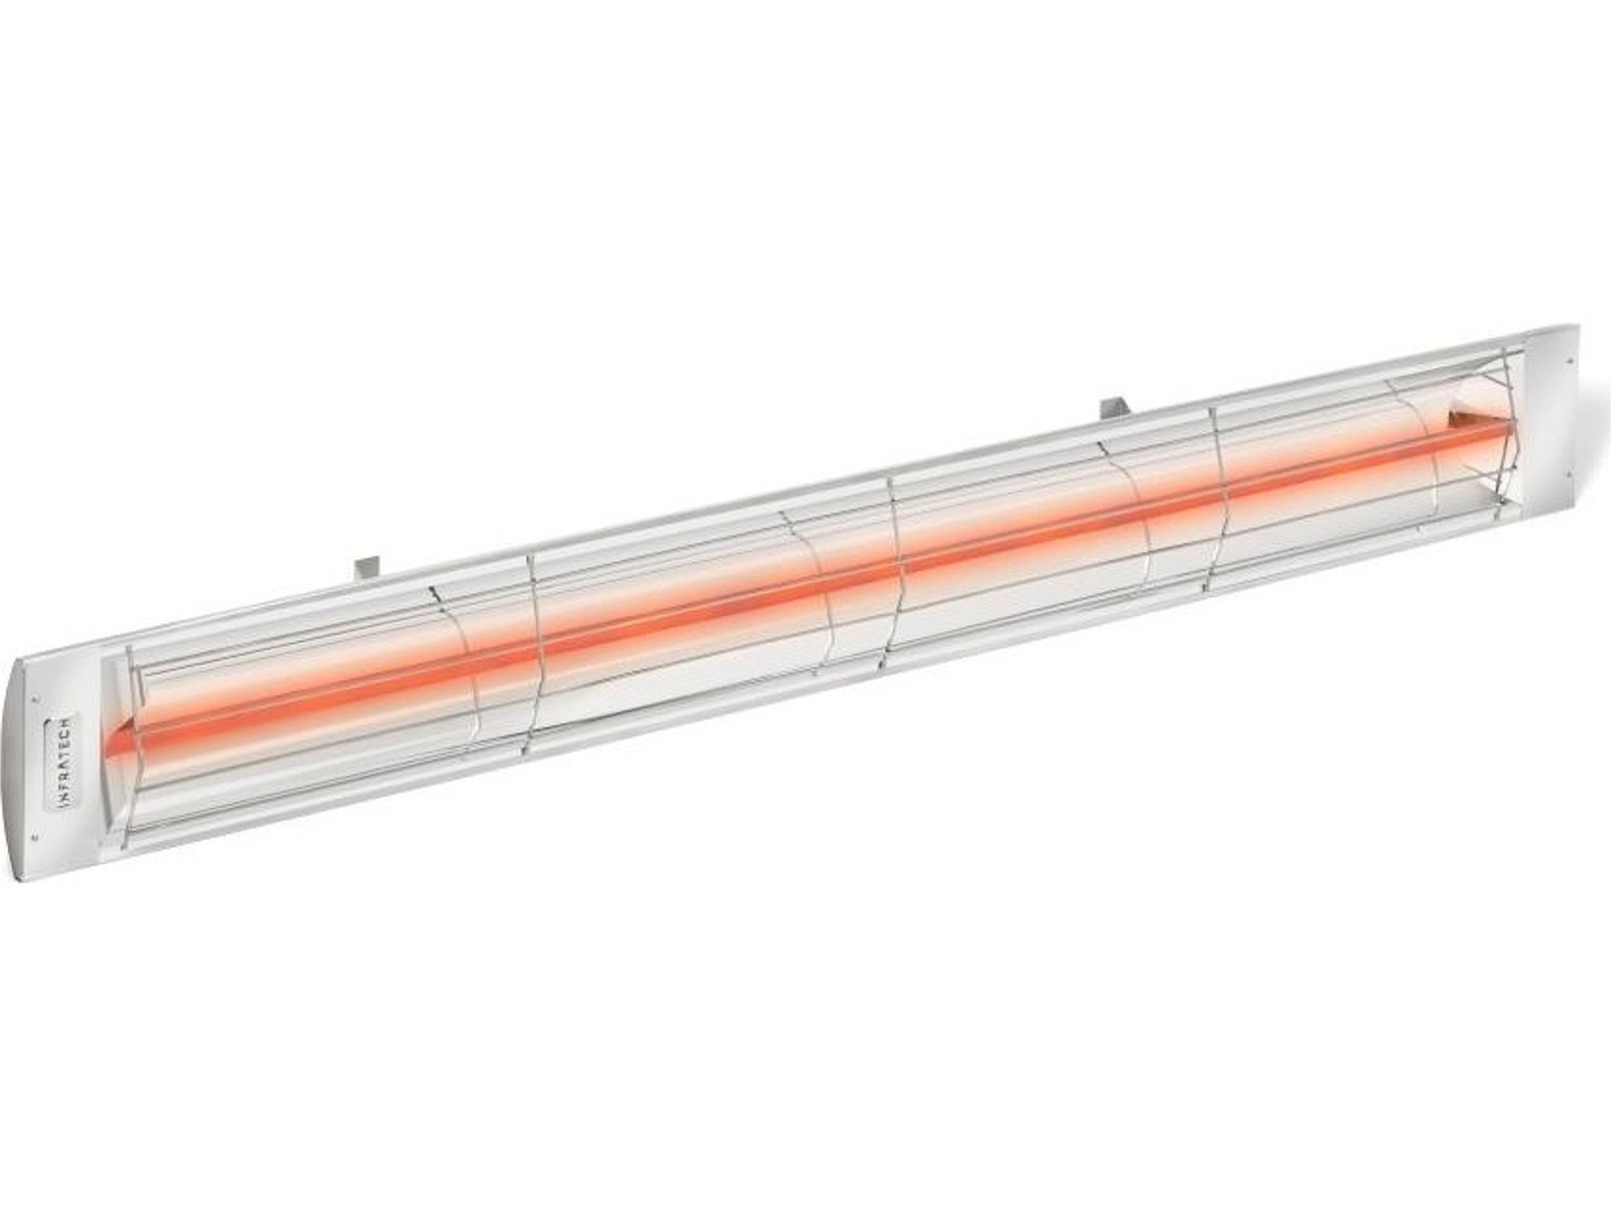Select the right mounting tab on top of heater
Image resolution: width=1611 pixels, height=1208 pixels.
[1113, 409]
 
